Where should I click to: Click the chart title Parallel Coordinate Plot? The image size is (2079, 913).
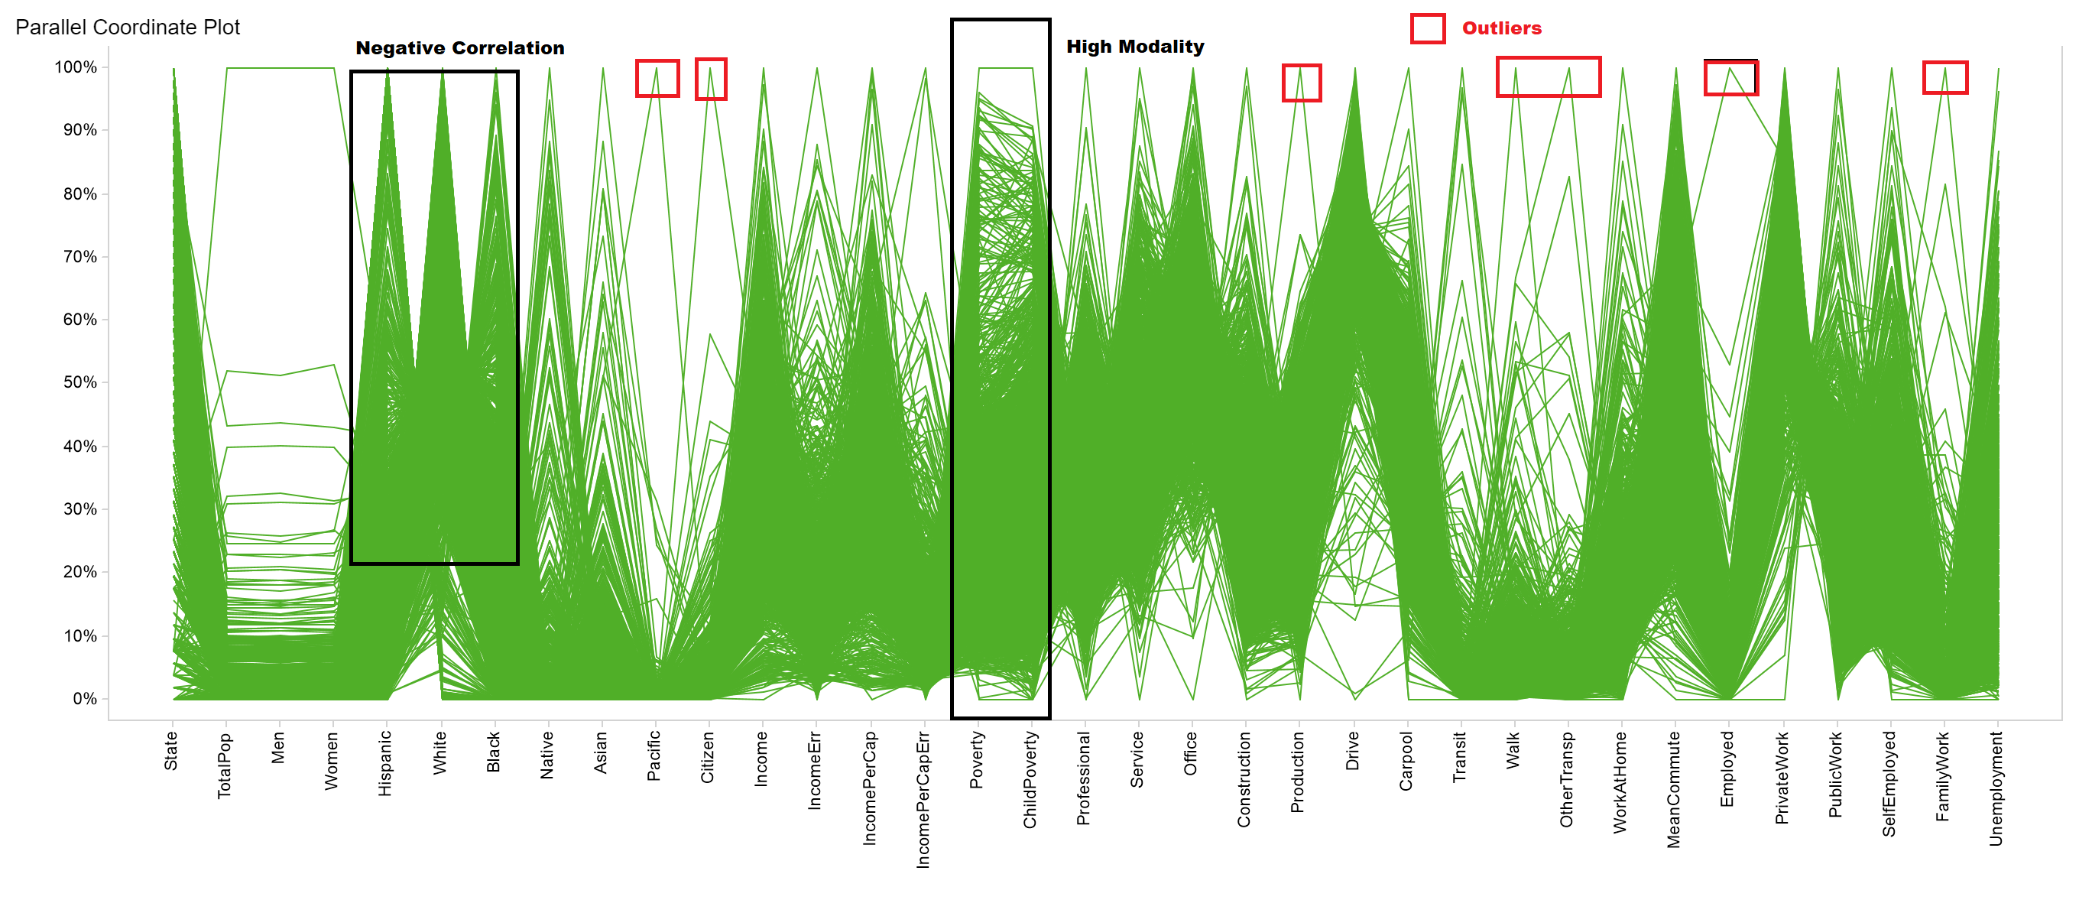coord(128,28)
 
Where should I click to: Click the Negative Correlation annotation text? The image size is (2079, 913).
coord(460,48)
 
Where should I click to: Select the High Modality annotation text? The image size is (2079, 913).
coord(1135,47)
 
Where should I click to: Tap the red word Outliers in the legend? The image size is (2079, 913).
coord(1501,28)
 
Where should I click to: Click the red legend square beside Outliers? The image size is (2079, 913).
coord(1427,28)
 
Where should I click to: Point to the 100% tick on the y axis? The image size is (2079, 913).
coord(76,67)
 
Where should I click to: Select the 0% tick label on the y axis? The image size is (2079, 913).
coord(84,698)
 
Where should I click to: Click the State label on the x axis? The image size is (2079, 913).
coord(171,751)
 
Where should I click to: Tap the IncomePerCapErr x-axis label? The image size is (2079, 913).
coord(923,799)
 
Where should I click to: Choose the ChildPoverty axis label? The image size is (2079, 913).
coord(1030,779)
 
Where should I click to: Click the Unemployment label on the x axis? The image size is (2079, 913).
coord(1995,788)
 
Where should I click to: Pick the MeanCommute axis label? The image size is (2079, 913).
coord(1673,788)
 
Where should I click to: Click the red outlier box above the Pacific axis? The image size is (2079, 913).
coord(657,78)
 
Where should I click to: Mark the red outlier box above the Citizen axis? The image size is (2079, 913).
coord(711,79)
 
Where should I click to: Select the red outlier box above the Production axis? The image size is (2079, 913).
coord(1301,83)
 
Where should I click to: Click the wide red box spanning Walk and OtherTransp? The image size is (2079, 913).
coord(1548,77)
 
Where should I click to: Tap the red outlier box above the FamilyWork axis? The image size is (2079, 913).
coord(1944,77)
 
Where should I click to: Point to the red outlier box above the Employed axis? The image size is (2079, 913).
coord(1730,78)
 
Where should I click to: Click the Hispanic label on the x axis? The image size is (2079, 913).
coord(385,763)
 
